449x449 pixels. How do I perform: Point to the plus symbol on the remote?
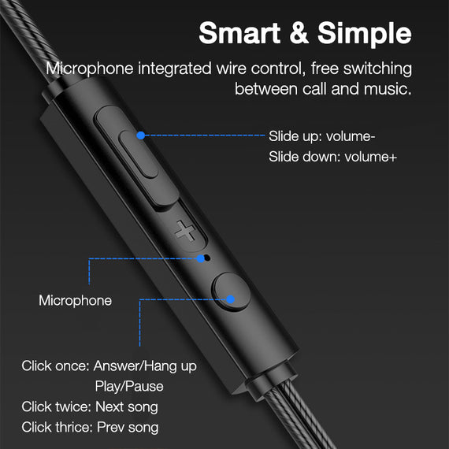(186, 232)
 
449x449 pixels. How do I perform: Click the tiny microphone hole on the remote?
(207, 257)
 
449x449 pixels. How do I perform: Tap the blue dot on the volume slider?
(140, 135)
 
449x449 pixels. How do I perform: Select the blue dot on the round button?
(231, 299)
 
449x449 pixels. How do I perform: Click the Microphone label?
(76, 300)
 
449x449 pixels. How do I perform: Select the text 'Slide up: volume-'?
(321, 135)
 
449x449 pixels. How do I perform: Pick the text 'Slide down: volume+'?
(332, 157)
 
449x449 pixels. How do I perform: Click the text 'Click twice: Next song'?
(90, 406)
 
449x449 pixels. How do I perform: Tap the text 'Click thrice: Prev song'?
(90, 427)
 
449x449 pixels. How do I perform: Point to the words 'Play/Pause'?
(129, 386)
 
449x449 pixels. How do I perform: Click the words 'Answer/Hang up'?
(145, 366)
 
